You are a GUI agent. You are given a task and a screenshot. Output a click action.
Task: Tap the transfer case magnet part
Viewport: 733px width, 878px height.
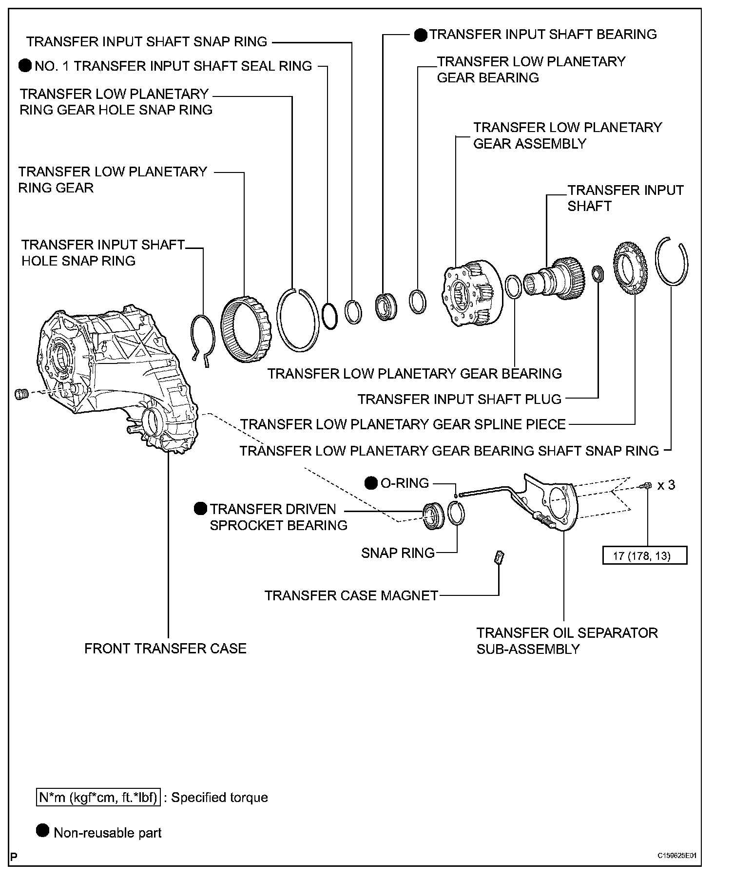pos(499,557)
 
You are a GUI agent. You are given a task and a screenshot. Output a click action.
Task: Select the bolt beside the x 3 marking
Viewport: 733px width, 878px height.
pos(646,485)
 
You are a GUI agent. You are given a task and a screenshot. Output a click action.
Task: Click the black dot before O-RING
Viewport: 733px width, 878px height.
pos(371,483)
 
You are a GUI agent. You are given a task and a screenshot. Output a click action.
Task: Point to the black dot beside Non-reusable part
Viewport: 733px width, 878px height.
pos(43,831)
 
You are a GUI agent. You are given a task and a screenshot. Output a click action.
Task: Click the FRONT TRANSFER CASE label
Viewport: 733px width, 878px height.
pos(165,649)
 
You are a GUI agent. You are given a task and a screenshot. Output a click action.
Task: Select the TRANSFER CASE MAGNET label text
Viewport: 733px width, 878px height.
pos(351,595)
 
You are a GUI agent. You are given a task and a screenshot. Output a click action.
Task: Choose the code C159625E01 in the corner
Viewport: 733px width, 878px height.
pos(677,856)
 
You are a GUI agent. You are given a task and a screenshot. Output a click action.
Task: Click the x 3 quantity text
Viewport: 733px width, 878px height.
pos(666,485)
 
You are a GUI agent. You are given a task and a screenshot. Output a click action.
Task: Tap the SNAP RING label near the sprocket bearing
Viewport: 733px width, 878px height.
pos(398,553)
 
